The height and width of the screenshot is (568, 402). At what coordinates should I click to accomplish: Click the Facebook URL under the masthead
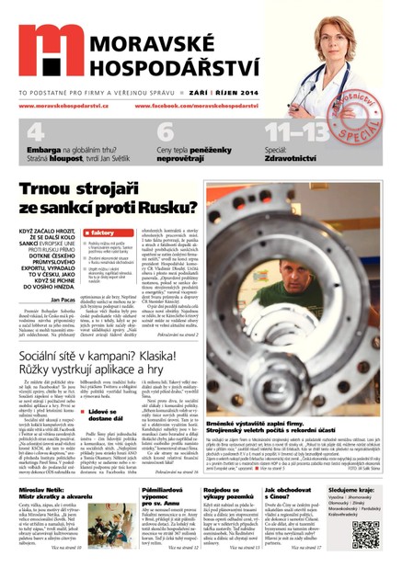[203, 107]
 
